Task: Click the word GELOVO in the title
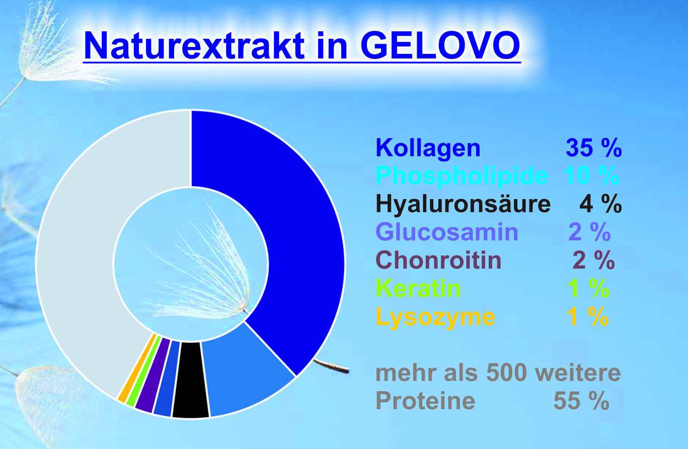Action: click(x=440, y=45)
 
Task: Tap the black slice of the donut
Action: click(x=190, y=380)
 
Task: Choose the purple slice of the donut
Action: click(x=153, y=376)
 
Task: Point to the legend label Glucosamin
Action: click(x=447, y=232)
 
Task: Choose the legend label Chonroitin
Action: click(x=438, y=260)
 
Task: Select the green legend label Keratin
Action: click(x=418, y=288)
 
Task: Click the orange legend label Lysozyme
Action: click(x=435, y=317)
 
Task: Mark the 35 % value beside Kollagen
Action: click(x=594, y=148)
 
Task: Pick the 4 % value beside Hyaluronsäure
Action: click(x=600, y=204)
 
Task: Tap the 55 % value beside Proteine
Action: click(x=581, y=401)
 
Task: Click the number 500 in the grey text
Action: click(x=507, y=373)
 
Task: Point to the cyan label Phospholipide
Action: click(x=462, y=176)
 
